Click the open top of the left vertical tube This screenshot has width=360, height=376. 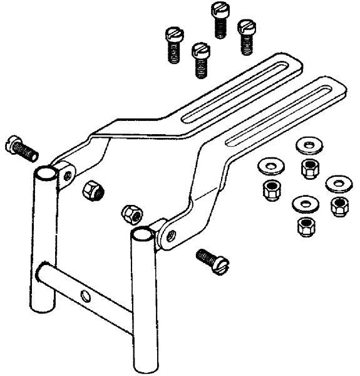tap(45, 172)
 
